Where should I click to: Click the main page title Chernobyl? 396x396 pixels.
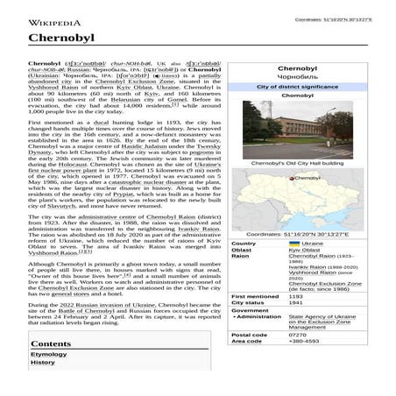(x=56, y=39)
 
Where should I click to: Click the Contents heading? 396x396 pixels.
(x=51, y=343)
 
